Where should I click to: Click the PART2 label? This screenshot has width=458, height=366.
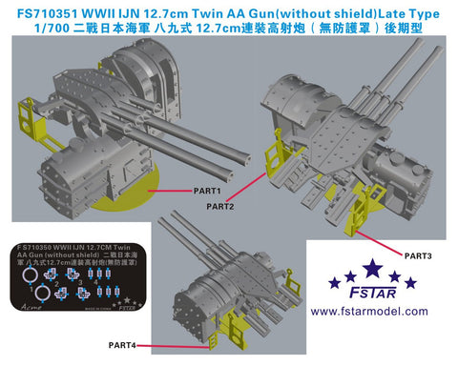219,205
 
